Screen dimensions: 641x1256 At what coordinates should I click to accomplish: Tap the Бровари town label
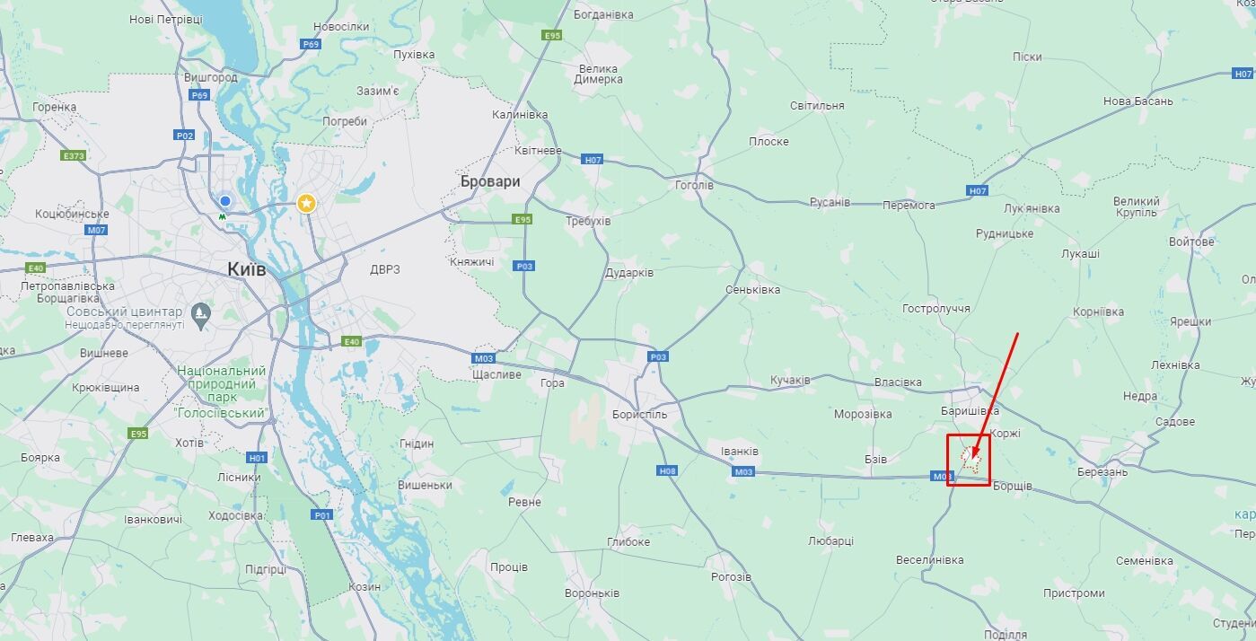click(x=489, y=181)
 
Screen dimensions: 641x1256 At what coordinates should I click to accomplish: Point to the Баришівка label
click(x=970, y=410)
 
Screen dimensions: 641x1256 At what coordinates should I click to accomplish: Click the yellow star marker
click(x=307, y=204)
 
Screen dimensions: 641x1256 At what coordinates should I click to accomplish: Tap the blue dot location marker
click(x=225, y=201)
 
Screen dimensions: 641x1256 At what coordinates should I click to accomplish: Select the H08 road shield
click(x=667, y=470)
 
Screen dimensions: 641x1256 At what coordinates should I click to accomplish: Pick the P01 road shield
click(x=322, y=514)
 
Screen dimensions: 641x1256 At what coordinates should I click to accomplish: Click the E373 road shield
click(x=74, y=155)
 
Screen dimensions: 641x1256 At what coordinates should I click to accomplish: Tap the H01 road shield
click(x=257, y=458)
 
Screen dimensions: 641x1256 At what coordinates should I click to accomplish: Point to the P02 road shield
click(x=184, y=136)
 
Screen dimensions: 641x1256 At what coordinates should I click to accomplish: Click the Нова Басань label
click(x=1137, y=101)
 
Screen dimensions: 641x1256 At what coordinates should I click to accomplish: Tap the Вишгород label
click(x=211, y=77)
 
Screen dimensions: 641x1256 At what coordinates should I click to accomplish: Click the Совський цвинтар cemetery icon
click(x=201, y=312)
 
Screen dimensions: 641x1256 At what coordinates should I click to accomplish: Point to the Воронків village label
click(x=592, y=593)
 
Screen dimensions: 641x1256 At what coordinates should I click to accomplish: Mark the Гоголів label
click(x=694, y=186)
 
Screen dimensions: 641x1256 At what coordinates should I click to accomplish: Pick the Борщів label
click(x=1013, y=487)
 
